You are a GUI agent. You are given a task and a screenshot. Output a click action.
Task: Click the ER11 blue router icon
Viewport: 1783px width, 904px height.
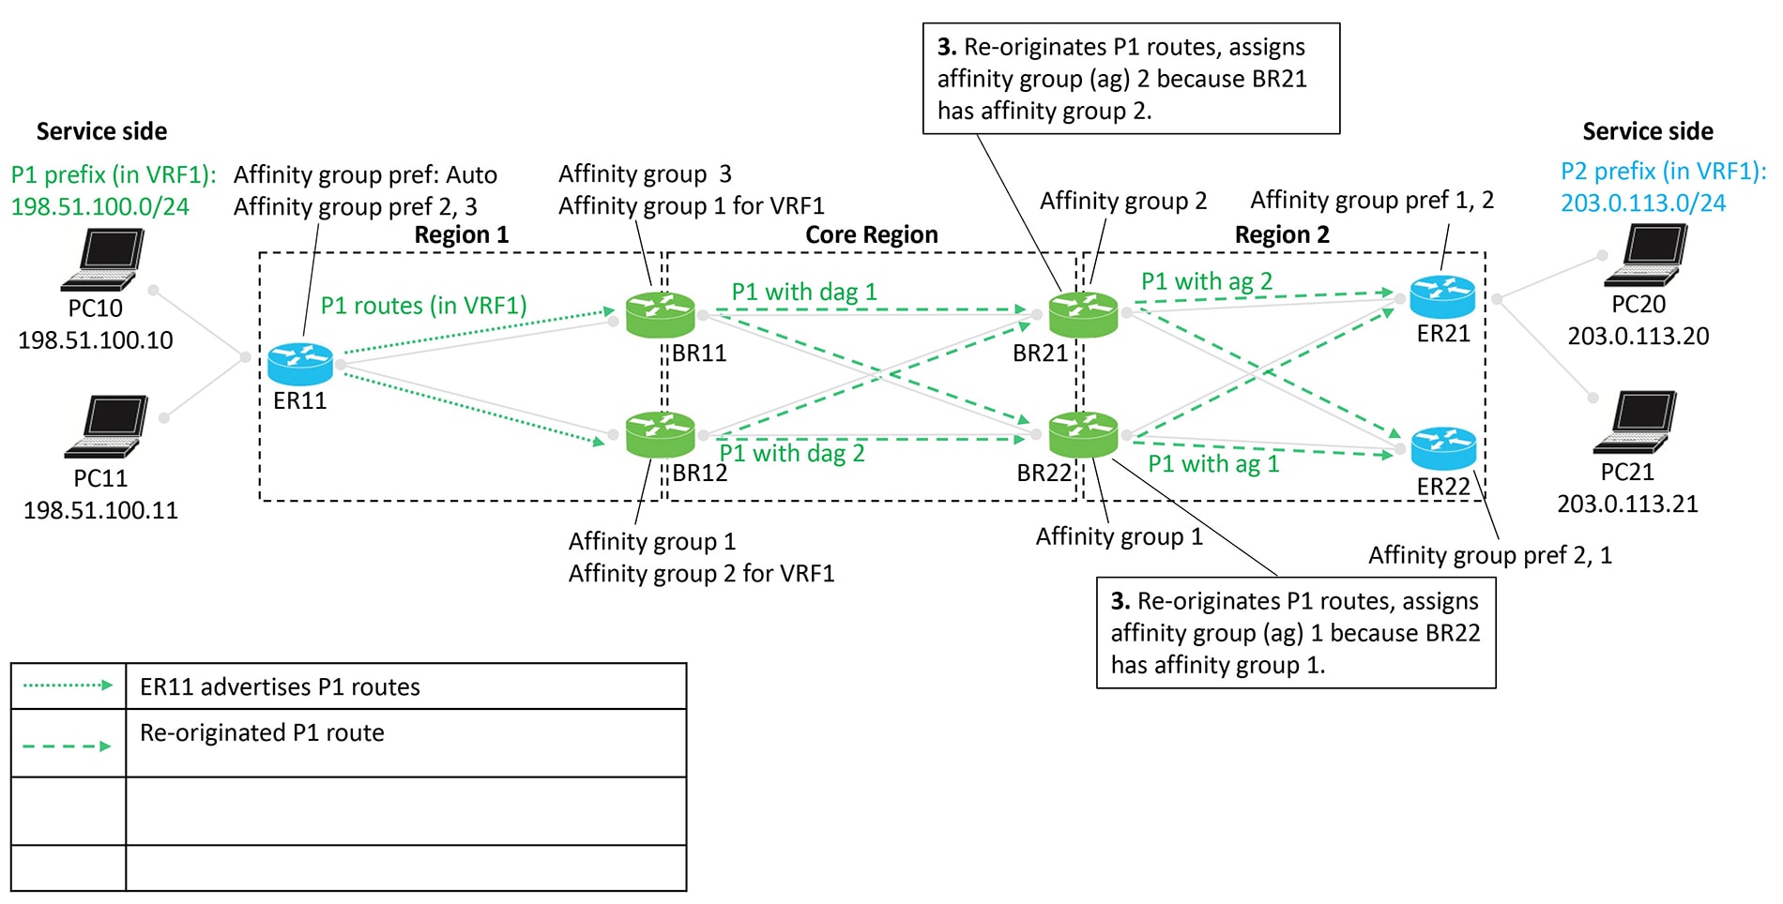coord(300,364)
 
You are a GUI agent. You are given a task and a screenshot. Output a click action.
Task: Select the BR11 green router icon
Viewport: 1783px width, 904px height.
coord(661,315)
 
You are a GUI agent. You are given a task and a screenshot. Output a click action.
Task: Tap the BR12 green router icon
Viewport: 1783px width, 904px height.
coord(661,434)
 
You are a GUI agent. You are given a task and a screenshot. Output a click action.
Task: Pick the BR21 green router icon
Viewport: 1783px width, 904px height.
coord(1083,315)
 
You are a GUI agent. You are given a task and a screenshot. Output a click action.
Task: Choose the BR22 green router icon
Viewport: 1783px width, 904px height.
coord(1083,434)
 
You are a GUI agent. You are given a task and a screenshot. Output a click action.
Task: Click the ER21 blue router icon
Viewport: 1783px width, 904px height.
coord(1442,297)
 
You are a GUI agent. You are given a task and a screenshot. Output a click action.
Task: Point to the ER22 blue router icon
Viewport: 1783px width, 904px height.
coord(1443,448)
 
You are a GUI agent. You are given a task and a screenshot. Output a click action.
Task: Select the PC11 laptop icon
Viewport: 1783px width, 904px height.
coord(107,427)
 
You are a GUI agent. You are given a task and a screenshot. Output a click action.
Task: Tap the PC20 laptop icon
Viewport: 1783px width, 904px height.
coord(1646,255)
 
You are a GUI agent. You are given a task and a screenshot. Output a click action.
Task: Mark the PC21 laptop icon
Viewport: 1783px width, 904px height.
coord(1636,422)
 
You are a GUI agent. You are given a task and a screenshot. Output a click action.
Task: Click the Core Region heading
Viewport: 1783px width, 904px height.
coord(871,234)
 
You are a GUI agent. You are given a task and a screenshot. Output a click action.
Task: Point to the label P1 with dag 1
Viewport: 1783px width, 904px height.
coord(804,292)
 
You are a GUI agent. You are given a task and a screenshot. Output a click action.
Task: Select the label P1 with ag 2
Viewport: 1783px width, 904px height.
coord(1206,281)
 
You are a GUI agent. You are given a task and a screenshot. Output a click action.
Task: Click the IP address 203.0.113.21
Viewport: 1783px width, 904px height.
coord(1627,504)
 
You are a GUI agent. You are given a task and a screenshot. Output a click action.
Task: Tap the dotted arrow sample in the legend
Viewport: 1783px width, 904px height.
coord(68,686)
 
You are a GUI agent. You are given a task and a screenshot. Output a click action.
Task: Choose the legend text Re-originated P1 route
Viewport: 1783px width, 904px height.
coord(262,732)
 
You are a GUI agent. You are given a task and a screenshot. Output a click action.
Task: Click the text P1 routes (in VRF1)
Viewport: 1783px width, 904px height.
coord(423,306)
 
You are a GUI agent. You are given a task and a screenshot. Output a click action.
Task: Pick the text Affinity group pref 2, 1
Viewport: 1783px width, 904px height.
coord(1489,555)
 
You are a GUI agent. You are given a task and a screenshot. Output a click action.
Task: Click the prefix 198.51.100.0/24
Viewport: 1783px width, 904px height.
coord(99,206)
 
